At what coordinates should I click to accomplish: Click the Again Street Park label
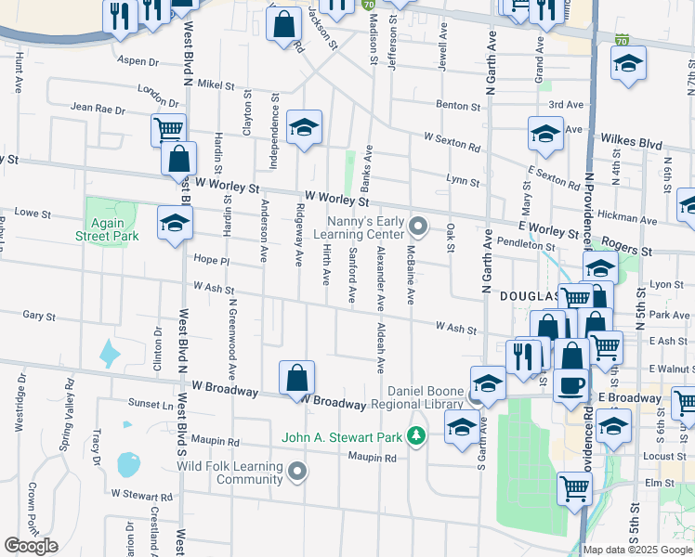click(x=108, y=229)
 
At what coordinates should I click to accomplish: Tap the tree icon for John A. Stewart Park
click(x=417, y=434)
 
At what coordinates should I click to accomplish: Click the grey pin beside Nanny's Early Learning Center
click(x=418, y=226)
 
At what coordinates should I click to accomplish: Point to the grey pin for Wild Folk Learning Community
click(x=297, y=472)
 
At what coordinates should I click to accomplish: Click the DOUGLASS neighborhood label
click(x=529, y=296)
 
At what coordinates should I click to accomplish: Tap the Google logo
click(x=31, y=546)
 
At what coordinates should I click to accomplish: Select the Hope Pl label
click(x=211, y=261)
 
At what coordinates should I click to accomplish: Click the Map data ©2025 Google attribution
click(x=638, y=550)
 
